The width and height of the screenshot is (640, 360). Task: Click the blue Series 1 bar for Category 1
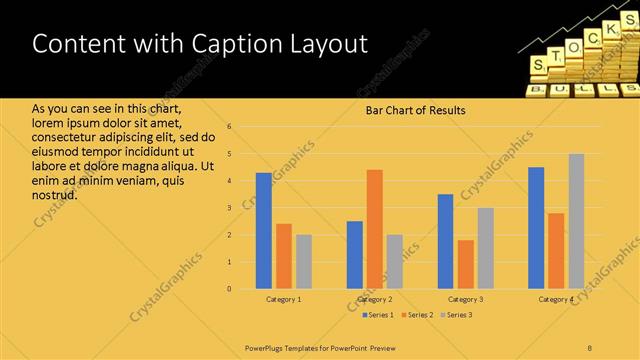click(263, 231)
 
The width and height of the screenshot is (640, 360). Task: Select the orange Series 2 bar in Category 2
click(374, 229)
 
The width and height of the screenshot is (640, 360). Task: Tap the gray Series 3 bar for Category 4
click(576, 221)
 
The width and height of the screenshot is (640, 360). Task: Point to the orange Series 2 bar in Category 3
click(465, 264)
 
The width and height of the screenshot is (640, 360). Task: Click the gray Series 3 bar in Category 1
click(303, 261)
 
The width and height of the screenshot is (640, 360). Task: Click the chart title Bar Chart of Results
click(414, 110)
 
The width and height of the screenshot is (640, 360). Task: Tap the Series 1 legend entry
click(378, 316)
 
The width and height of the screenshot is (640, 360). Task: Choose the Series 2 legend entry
click(417, 316)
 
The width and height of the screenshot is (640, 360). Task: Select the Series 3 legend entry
click(455, 316)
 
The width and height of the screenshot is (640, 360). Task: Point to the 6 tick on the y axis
click(229, 127)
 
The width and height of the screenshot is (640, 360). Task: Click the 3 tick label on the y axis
click(229, 208)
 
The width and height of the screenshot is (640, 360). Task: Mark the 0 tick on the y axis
click(229, 289)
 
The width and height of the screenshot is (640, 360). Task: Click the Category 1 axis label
click(283, 299)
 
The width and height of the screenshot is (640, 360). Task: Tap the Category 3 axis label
click(465, 299)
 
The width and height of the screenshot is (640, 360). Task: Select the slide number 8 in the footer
click(589, 347)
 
